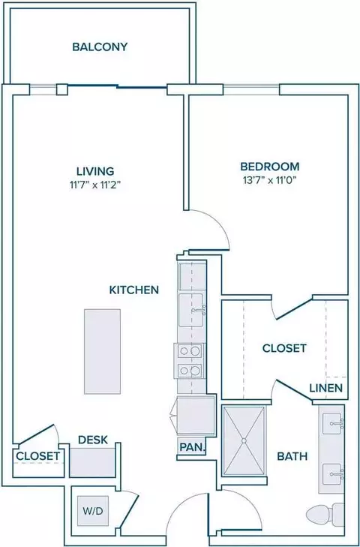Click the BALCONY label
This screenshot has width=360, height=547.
(x=100, y=47)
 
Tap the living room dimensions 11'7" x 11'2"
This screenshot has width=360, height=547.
(x=95, y=185)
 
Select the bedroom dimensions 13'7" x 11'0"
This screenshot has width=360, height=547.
(x=270, y=180)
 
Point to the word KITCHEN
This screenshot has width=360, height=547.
(x=134, y=290)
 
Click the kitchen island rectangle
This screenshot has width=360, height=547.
(x=103, y=351)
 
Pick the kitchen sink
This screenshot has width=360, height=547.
(x=191, y=310)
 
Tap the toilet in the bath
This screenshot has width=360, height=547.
(x=325, y=514)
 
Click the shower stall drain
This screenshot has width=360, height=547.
(x=244, y=440)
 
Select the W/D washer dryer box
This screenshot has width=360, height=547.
(x=93, y=511)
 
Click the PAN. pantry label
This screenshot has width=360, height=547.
(x=192, y=447)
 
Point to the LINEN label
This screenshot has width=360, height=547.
(x=325, y=388)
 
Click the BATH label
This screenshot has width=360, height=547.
(x=292, y=456)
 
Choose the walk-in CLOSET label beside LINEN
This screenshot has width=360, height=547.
(x=284, y=348)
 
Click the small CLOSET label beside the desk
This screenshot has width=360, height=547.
(x=37, y=456)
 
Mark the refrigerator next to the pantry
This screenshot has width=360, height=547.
(x=196, y=416)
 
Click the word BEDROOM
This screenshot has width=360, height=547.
(x=270, y=167)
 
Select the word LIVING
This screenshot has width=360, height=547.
(x=95, y=171)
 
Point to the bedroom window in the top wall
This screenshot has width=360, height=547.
(x=251, y=89)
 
